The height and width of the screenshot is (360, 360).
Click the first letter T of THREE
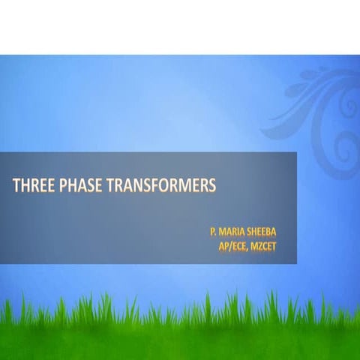[16, 186]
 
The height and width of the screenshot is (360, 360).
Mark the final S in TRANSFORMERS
[212, 186]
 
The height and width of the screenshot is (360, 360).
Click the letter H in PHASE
[69, 186]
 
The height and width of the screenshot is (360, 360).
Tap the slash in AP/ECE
[227, 244]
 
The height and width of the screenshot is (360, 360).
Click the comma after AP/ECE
[245, 247]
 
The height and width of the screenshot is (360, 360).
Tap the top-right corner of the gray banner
[296, 153]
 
